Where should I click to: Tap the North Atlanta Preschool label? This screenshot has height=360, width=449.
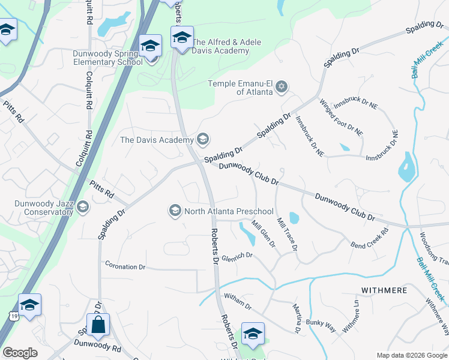tap(229, 211)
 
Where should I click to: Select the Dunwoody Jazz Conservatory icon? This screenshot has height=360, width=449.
tap(83, 208)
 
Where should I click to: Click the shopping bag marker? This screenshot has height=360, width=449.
tap(98, 325)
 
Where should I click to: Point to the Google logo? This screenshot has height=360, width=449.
tap(20, 353)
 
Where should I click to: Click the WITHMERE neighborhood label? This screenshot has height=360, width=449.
tap(384, 290)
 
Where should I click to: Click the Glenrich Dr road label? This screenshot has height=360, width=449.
tap(237, 256)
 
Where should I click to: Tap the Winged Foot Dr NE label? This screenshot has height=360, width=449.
tap(341, 118)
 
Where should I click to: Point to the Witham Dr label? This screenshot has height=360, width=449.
tap(237, 301)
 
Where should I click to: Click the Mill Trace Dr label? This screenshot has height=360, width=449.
tap(287, 234)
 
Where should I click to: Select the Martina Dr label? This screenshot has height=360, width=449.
tap(297, 318)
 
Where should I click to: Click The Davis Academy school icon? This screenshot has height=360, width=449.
tap(203, 140)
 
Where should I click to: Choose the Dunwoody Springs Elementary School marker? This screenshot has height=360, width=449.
tap(150, 46)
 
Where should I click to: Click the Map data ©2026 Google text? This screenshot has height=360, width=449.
tap(411, 355)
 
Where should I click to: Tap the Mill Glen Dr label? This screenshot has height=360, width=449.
tap(263, 235)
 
